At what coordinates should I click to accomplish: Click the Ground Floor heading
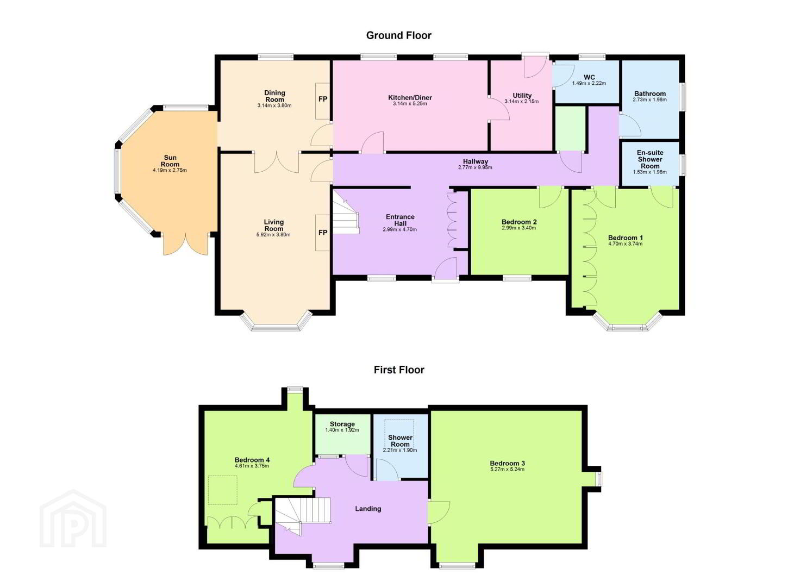click(x=398, y=35)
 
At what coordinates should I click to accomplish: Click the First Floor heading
click(x=399, y=370)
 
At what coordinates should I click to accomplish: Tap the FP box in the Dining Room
click(x=322, y=101)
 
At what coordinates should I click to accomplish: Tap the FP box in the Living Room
click(x=322, y=233)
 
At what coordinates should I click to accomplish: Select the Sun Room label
click(x=170, y=161)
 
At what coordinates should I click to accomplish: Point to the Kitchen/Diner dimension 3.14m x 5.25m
click(x=410, y=104)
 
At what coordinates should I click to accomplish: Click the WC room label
click(x=589, y=77)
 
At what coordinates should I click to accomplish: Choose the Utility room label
click(x=522, y=96)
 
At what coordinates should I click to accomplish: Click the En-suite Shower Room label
click(x=650, y=159)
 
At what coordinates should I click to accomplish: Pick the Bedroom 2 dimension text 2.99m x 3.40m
click(x=518, y=228)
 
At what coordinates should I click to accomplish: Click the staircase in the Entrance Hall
click(x=346, y=216)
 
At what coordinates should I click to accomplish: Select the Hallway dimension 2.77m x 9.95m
click(x=475, y=167)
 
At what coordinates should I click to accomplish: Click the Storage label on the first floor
click(x=342, y=424)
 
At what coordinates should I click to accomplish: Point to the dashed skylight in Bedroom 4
click(x=222, y=490)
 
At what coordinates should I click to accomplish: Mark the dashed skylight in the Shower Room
click(x=399, y=433)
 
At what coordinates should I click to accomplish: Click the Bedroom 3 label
click(x=507, y=464)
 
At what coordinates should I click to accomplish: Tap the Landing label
click(x=368, y=509)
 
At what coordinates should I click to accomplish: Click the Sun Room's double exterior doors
click(x=185, y=245)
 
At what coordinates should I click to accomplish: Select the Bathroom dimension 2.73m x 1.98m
click(x=649, y=99)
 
